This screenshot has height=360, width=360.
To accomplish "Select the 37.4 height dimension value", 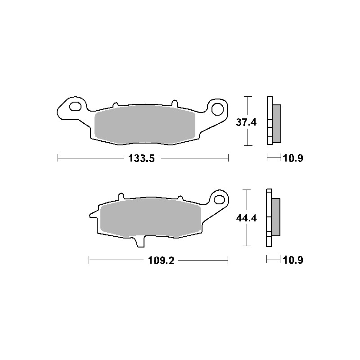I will pos(247,122).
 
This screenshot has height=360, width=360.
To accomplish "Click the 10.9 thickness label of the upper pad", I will pos(292,158).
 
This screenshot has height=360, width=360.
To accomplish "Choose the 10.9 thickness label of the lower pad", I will pos(292,260).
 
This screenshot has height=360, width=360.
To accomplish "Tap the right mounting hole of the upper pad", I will pos(218,109).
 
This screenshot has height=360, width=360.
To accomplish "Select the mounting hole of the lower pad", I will pos(220,199).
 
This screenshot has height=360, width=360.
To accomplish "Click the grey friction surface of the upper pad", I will pos(145,125).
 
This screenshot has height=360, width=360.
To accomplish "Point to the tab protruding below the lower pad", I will pos(139,243).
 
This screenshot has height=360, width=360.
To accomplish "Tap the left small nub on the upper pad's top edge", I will pos(115,104).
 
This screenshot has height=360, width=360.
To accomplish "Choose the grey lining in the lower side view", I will pos(275,217).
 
